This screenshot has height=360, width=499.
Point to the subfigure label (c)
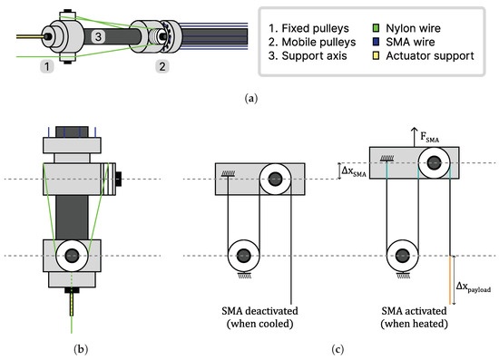pyautogui.click(x=338, y=345)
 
